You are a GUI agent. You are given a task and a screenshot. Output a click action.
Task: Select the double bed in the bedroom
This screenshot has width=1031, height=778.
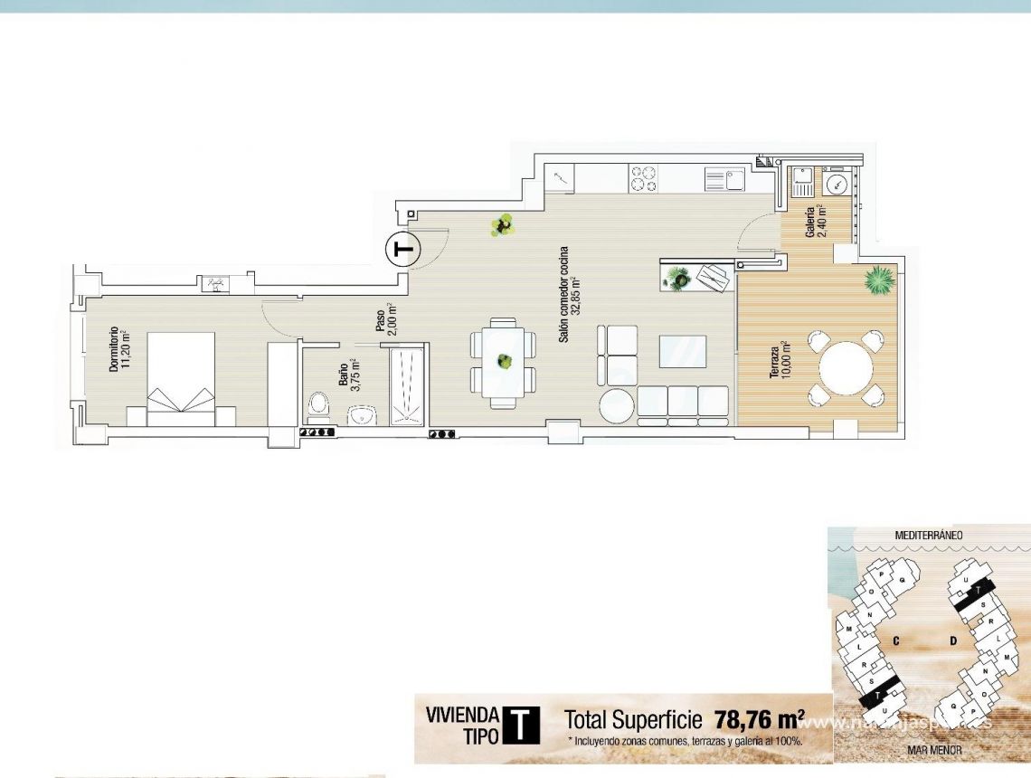pyautogui.click(x=181, y=379)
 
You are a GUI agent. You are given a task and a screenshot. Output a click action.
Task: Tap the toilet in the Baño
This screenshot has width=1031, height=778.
pyautogui.click(x=317, y=403)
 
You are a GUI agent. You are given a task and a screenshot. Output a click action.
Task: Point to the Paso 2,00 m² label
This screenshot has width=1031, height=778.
pyautogui.click(x=386, y=319)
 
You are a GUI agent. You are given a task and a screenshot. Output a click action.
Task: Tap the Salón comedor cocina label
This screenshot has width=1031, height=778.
pyautogui.click(x=568, y=293)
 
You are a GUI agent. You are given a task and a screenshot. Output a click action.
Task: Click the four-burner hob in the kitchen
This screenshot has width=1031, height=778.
pyautogui.click(x=644, y=177)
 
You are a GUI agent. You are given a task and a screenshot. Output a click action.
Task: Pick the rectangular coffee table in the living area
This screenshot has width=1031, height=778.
pyautogui.click(x=682, y=351)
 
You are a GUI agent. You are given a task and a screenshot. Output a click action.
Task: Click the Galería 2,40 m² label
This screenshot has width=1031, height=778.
pyautogui.click(x=816, y=220)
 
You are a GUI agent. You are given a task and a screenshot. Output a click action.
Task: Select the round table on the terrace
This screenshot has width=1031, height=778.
pyautogui.click(x=847, y=368)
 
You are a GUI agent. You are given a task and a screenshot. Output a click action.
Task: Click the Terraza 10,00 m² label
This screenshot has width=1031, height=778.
pyautogui.click(x=780, y=359)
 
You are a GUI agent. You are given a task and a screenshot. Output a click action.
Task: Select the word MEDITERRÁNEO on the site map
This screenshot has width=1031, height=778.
pyautogui.click(x=929, y=535)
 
